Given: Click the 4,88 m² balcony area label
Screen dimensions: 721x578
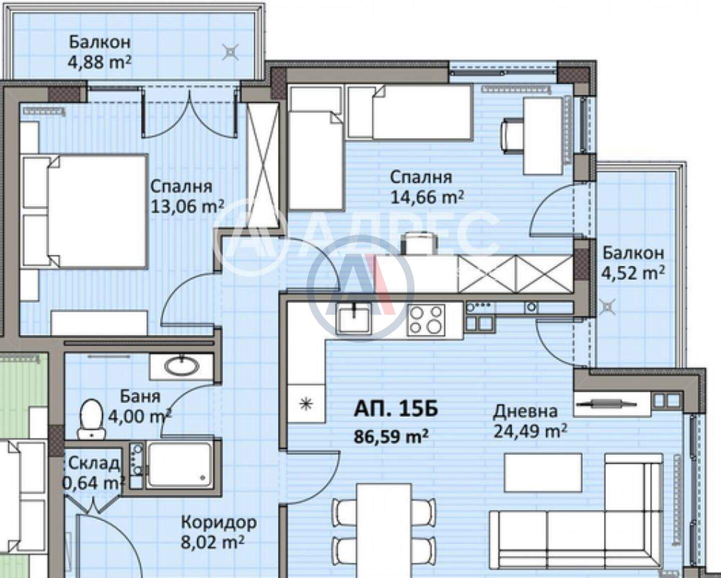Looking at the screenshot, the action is pos(99,62).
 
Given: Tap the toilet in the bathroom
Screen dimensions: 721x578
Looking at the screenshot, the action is pos(92,418).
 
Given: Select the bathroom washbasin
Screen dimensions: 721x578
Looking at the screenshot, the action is pos(181,367).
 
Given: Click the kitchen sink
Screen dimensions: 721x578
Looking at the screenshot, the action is pos(354,319).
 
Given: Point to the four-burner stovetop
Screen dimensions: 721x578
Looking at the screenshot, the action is pos(426,320).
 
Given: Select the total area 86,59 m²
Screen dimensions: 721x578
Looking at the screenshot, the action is pos(392,436).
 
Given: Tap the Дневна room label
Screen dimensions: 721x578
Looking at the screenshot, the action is pos(525,411).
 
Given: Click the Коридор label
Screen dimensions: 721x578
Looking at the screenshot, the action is pos(219,522).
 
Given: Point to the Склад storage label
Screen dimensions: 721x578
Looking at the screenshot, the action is pos(94,463).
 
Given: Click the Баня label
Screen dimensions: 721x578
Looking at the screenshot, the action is pos(140,396).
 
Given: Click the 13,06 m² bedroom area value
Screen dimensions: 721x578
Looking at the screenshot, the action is pos(187,206).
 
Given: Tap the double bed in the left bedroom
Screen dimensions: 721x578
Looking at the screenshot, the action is pos(85,211).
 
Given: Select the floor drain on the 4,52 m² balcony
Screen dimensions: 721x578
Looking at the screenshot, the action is pos(606,306).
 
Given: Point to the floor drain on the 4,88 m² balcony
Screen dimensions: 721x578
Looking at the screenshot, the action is pos(231,52).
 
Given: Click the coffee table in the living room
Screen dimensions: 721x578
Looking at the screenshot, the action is pos(543,472).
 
